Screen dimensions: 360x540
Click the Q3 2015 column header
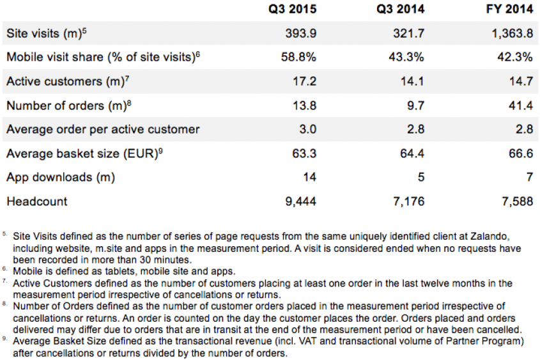(x=289, y=10)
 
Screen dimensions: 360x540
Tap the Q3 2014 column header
(x=398, y=10)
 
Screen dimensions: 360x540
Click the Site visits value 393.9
(x=300, y=33)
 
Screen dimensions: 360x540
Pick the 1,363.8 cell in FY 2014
(x=512, y=33)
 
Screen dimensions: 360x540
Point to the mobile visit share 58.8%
(x=298, y=57)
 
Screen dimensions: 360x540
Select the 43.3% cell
(x=406, y=57)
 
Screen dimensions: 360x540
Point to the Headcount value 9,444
(x=300, y=201)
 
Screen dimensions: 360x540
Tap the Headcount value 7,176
(x=408, y=201)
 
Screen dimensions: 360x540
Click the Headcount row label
(x=36, y=201)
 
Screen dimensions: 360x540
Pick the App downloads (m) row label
(x=61, y=177)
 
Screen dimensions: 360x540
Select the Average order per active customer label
(x=103, y=129)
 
